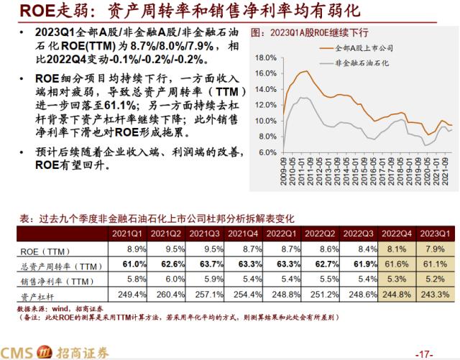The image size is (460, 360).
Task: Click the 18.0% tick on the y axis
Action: click(x=265, y=57)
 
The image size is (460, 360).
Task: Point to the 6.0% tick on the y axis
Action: click(x=267, y=152)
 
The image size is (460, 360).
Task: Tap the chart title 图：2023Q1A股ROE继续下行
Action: click(x=310, y=33)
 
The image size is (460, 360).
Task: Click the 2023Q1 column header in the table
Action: click(x=434, y=234)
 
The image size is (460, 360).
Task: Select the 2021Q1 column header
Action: click(x=126, y=234)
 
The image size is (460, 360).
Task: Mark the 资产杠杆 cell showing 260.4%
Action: click(x=167, y=295)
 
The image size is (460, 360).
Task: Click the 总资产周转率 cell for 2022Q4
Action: click(x=397, y=264)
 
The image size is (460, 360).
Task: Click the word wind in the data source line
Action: click(x=59, y=308)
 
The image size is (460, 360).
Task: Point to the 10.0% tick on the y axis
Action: click(x=265, y=121)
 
